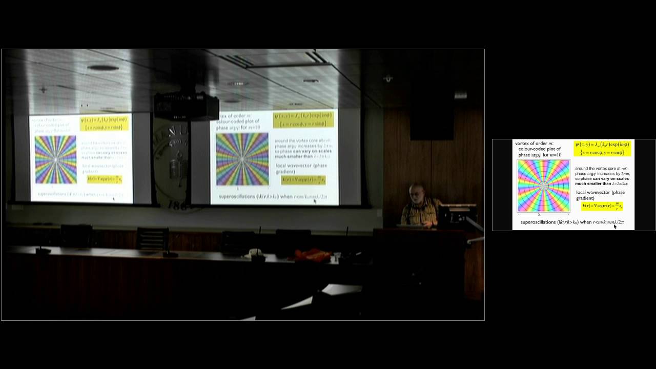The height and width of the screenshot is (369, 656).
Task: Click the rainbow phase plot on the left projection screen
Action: point(55,159)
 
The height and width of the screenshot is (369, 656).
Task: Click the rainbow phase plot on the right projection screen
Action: point(242,159)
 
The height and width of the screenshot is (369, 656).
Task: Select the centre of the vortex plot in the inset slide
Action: point(543,186)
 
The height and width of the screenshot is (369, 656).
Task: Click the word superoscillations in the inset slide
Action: point(538,222)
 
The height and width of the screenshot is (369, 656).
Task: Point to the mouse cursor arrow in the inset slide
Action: point(615,226)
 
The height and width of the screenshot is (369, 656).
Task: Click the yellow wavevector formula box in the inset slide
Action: point(602,206)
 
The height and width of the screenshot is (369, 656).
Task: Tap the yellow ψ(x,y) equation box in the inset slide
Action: point(602,148)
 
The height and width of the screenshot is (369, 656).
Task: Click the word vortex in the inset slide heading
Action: point(523,143)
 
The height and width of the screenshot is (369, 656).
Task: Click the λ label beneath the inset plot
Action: point(539,215)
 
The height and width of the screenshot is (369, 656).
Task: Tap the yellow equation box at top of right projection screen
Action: point(303,119)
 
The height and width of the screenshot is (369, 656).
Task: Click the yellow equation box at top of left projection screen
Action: point(104,124)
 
